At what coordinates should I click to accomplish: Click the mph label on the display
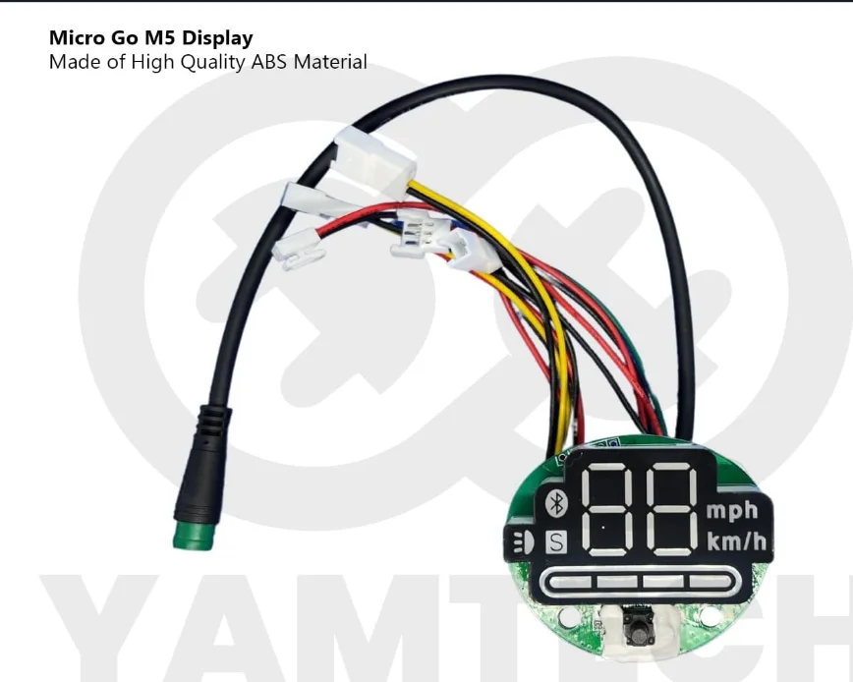coord(732,510)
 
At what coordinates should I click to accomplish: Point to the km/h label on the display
coord(733,540)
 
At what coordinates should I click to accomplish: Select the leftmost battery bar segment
coord(570,583)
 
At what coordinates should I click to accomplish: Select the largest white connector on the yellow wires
coord(366,153)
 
